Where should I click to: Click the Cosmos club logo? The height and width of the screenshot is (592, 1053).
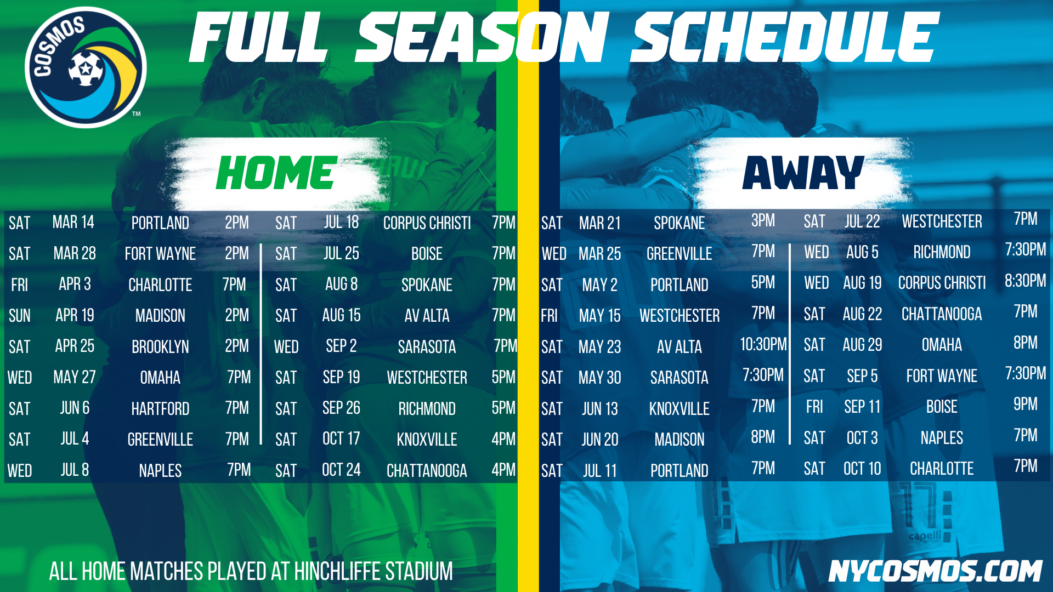86,67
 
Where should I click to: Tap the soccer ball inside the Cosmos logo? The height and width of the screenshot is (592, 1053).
86,69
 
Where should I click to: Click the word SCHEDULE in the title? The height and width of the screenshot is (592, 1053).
785,37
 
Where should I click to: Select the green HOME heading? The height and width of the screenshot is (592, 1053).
276,173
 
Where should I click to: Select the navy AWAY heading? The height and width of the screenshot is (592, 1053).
803,173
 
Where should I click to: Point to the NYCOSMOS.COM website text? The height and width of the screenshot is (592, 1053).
935,571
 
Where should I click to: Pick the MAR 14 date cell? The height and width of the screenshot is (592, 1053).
73,222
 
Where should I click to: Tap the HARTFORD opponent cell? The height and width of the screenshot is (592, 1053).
160,408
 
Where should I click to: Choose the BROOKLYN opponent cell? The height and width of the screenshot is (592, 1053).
160,346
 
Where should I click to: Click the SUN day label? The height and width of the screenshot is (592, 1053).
20,316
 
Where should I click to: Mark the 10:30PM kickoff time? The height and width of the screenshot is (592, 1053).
763,344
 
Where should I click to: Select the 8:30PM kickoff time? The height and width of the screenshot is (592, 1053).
1025,281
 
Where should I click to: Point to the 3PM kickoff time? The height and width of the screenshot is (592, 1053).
763,220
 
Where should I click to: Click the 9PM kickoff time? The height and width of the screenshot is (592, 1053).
1025,405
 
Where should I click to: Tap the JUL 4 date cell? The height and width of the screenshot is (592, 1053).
75,439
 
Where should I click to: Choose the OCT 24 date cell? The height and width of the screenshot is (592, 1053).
341,470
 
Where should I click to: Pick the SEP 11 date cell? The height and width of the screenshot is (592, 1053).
862,407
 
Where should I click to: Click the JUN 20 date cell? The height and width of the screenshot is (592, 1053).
600,440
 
